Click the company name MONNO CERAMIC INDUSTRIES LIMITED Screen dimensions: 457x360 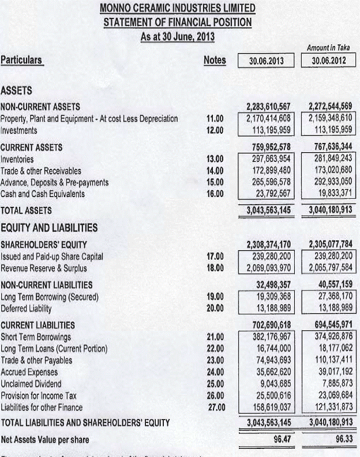coord(177,9)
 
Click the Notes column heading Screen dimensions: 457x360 coord(215,60)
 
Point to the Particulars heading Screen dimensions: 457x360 coord(22,60)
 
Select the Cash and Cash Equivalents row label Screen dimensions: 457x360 coord(43,194)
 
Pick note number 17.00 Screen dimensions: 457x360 coord(215,256)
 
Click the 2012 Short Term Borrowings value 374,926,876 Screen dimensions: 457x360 coord(331,337)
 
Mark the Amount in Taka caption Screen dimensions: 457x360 coord(331,48)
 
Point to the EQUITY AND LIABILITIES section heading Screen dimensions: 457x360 coord(49,228)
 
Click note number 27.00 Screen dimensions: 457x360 coord(215,407)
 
